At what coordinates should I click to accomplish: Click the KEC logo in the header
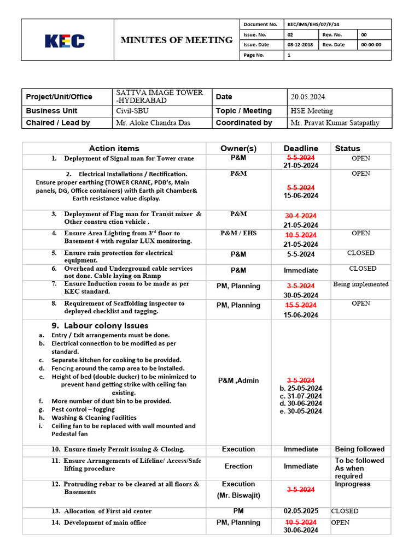65,41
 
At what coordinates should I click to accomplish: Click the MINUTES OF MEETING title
176,40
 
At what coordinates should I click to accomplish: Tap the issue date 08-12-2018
299,45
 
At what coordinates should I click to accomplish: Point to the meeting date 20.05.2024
308,97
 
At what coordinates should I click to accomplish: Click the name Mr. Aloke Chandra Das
153,123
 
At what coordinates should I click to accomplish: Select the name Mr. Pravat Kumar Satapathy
334,123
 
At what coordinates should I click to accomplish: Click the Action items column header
114,148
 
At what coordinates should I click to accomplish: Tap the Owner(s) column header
238,148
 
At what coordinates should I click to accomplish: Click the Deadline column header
301,148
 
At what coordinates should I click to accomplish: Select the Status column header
347,148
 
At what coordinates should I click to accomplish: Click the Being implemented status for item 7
361,284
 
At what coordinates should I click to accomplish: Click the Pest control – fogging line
83,409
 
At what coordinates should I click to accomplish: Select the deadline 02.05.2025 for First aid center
301,511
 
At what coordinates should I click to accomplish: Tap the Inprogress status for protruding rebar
353,484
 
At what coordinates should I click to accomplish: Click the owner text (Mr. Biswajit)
238,496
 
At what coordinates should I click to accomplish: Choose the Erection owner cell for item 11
238,466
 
